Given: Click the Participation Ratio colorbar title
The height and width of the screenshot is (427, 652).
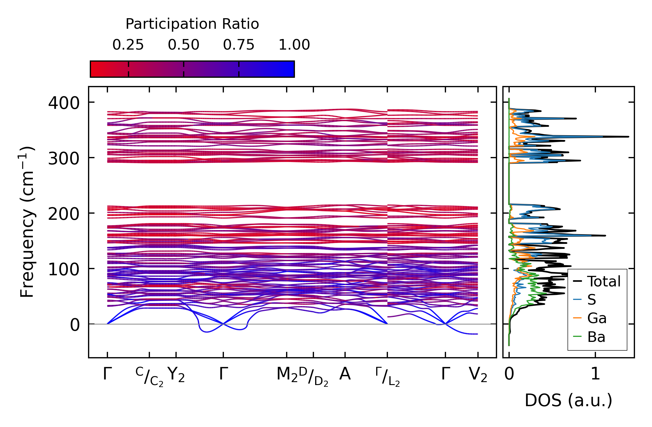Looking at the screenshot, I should pos(192,24).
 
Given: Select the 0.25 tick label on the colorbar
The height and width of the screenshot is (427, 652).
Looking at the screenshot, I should pos(128,45).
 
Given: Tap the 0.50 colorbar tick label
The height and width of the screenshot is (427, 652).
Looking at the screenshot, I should pos(183,45).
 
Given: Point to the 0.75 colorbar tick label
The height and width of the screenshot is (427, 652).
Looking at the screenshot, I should pos(239,45).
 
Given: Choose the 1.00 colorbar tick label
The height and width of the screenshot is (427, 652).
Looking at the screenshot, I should pos(294,45).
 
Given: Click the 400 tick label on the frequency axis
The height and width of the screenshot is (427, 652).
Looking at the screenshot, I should pos(64,103).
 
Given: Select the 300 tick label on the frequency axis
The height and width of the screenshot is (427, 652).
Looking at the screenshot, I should pos(64,159).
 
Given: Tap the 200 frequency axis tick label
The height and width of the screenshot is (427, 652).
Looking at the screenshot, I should pos(64,214).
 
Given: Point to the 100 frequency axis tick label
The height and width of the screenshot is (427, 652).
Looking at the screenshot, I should pos(64,269).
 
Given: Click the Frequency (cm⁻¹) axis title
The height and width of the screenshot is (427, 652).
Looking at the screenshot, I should pos(27,222).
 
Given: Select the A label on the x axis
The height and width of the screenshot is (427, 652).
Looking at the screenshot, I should pos(345,374).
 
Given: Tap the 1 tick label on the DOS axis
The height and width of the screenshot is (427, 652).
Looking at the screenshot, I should pos(595,374).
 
